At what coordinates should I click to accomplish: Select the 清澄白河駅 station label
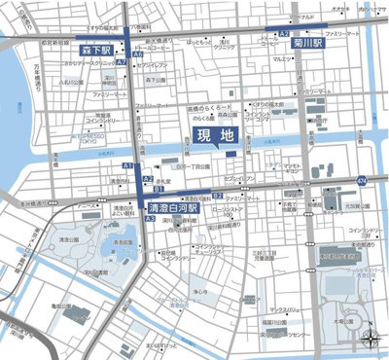click(174, 208)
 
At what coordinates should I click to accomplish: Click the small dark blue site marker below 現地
click(230, 153)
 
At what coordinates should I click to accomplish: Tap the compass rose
click(371, 342)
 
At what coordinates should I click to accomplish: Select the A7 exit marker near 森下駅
click(121, 62)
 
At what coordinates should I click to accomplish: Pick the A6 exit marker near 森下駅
click(139, 54)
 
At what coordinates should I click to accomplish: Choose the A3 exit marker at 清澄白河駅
click(150, 220)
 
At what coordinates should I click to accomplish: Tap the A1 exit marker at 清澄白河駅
click(126, 167)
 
